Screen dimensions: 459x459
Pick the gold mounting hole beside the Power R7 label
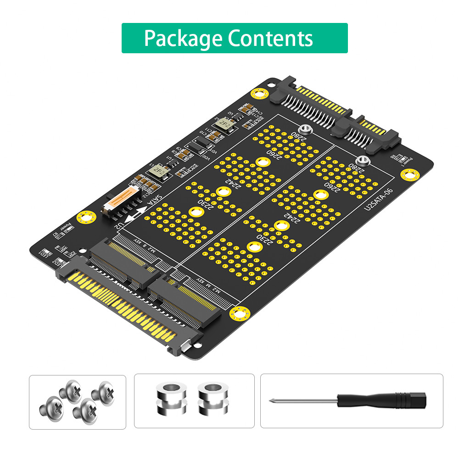click(85, 217)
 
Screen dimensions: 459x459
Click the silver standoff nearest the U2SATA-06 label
click(363, 161)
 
